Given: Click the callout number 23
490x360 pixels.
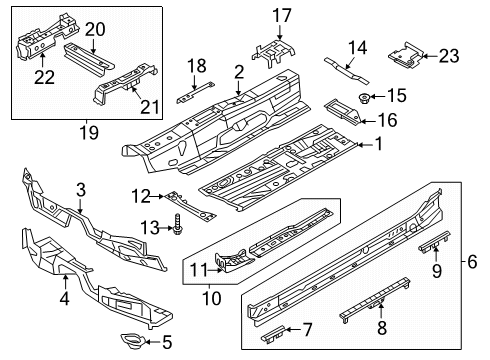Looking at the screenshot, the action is pos(449,56).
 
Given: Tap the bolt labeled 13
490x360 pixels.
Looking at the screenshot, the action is pos(177,224).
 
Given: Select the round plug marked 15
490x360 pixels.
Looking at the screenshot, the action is pos(363,97).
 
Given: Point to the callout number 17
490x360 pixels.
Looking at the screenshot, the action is pos(282,16).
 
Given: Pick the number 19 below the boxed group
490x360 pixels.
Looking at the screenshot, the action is pos(89,133).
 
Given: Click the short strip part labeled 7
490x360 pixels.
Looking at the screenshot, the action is pos(274,333).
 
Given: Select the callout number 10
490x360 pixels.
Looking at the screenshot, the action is pos(212,298).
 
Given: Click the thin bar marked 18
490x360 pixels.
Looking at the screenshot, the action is pos(195,92).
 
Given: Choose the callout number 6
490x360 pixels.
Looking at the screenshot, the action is pos(472,261).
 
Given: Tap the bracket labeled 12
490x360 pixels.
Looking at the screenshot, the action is pos(191,206).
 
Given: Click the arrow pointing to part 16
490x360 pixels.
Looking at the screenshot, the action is pos(367,122).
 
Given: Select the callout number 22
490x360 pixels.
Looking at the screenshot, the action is pos(44,77).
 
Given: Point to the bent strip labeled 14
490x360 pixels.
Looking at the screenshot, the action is pos(347,71).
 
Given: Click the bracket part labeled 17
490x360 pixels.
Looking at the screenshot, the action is pos(274,53).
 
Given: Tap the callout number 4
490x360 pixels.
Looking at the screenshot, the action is pos(65,298).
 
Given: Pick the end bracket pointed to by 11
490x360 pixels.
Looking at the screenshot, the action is pos(233,260).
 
